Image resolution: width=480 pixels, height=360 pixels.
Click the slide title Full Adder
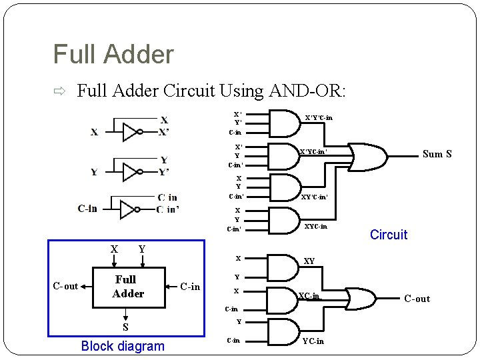coord(113,54)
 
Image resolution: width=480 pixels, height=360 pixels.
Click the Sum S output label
coord(437,154)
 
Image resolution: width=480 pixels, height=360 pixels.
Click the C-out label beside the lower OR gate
coord(417,299)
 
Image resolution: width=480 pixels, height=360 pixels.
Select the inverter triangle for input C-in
coord(127,209)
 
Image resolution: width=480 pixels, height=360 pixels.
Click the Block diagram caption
coord(122,346)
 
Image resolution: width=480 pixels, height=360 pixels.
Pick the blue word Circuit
coord(388,235)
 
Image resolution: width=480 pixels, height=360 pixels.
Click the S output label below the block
coord(125,327)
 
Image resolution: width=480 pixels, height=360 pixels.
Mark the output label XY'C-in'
coord(314,197)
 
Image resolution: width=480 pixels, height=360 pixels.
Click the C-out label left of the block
coord(65,286)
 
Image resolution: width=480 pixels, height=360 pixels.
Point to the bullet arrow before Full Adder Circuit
coord(59,91)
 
